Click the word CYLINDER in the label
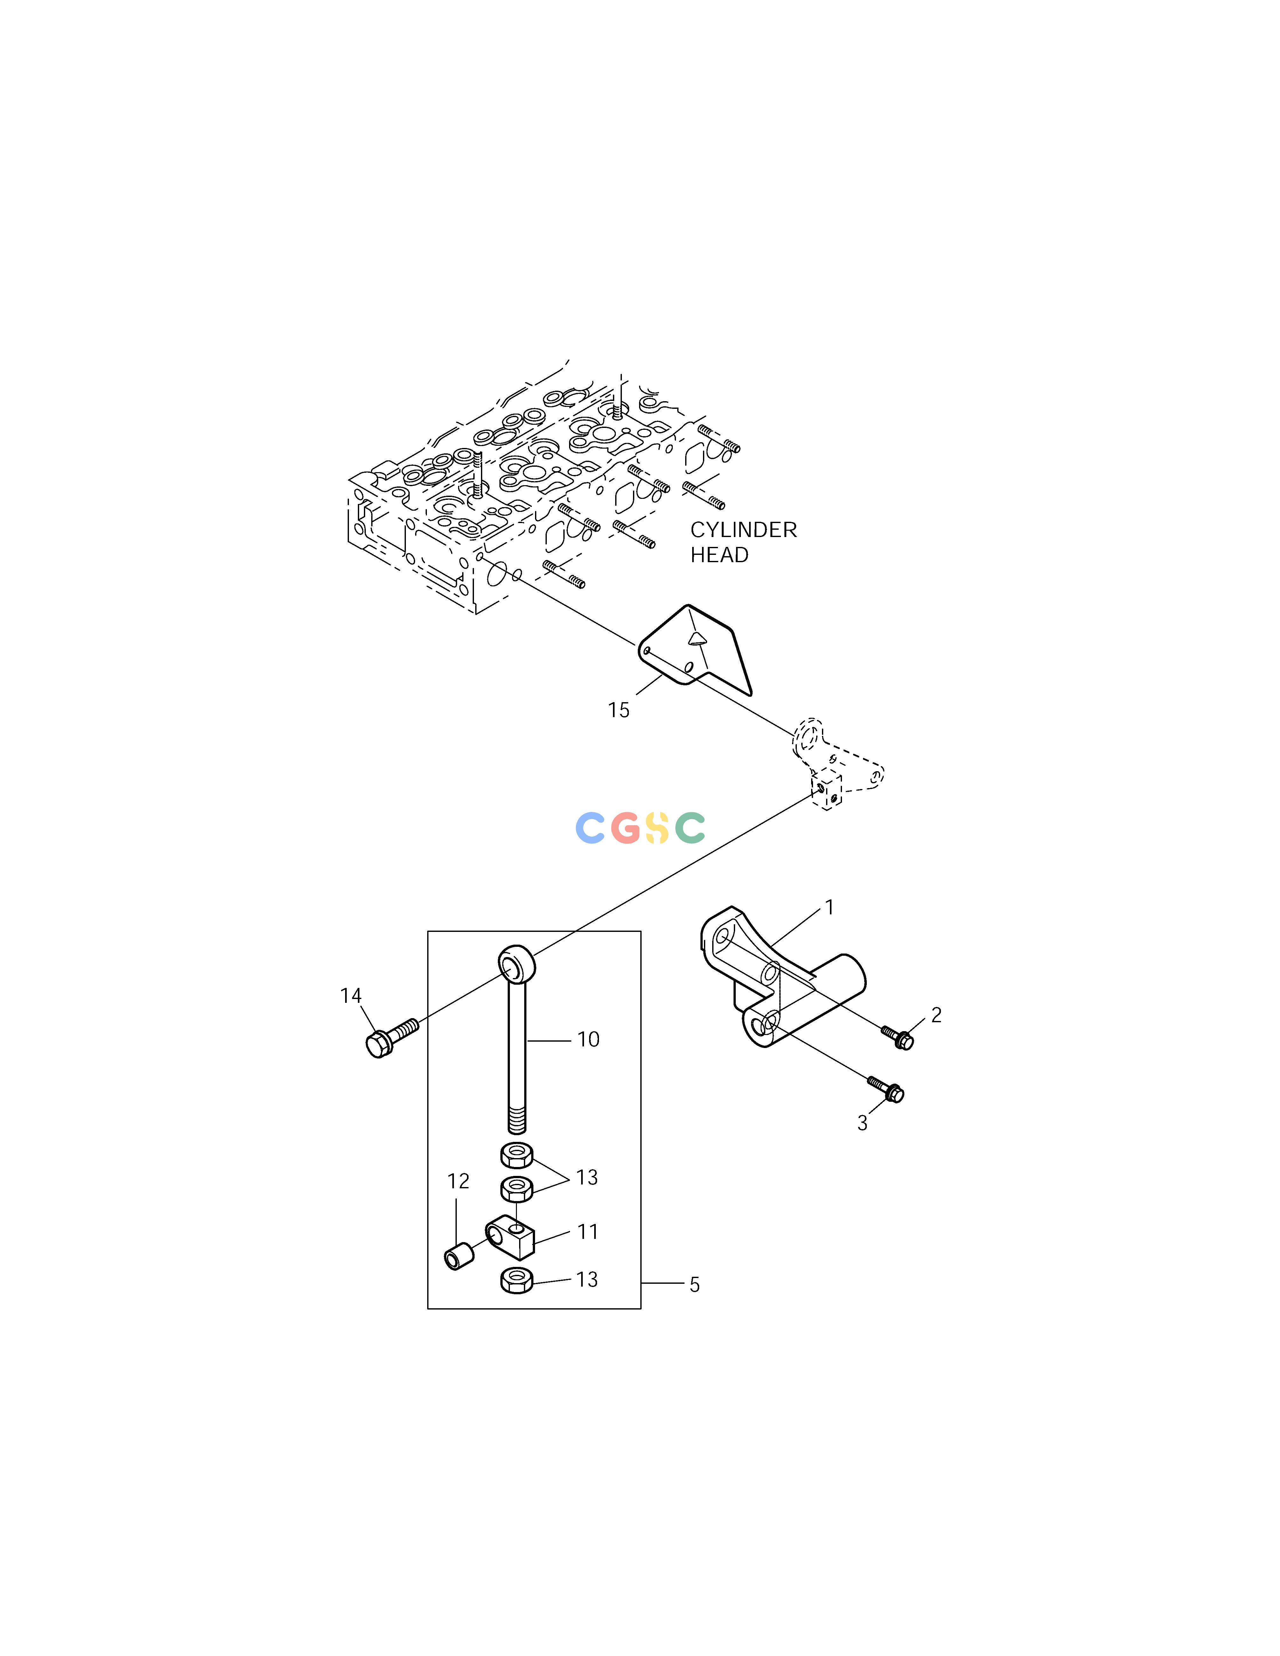coord(743,530)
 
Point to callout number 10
coord(588,1039)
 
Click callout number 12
coord(458,1181)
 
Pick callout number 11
coord(588,1232)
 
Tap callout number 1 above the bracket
coord(830,908)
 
